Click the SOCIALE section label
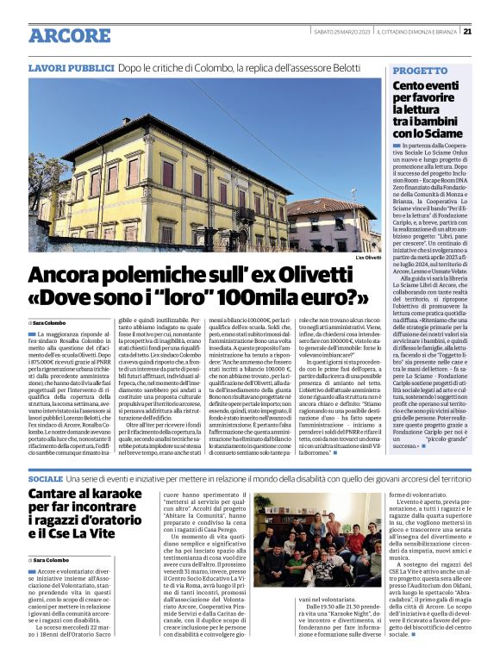46,476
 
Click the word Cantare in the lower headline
52,493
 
